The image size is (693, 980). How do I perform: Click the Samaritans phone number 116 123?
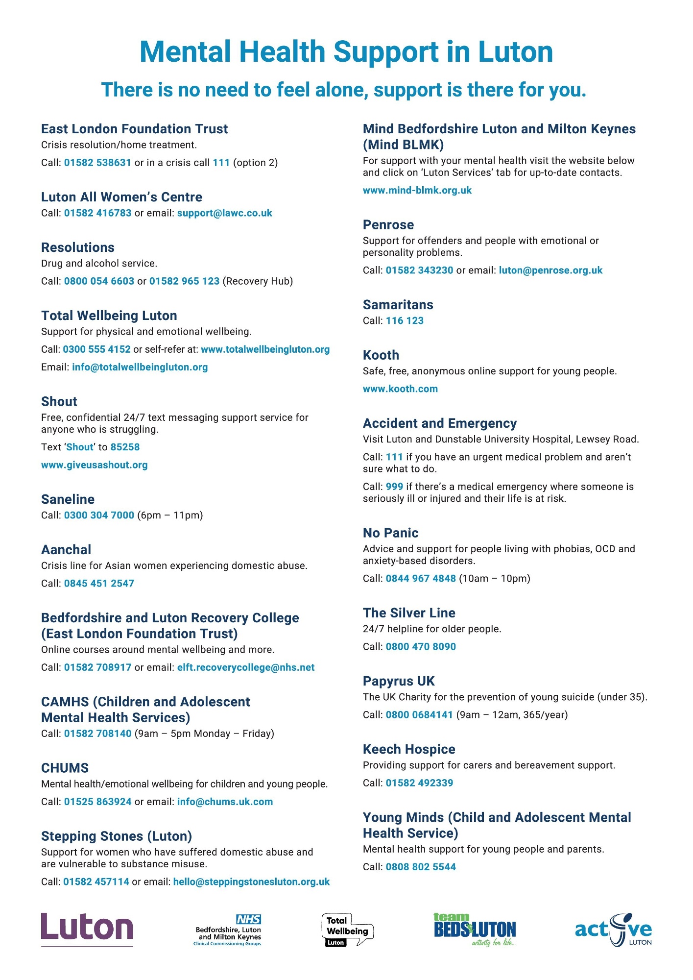coord(405,321)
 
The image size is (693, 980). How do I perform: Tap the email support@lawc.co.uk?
coord(224,213)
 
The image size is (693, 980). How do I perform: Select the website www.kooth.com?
coord(400,389)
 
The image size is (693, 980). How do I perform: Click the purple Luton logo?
coord(87,929)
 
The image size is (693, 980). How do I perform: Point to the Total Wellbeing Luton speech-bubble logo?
coord(347,929)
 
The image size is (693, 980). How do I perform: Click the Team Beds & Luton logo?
coord(475,929)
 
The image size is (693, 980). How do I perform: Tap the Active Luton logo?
coord(613,929)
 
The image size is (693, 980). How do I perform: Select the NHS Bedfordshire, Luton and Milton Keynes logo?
coord(228,930)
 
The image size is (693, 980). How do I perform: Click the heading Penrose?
coord(388,225)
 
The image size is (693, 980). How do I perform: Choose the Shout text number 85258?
coord(125,447)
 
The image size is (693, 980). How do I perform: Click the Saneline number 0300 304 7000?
coord(99,515)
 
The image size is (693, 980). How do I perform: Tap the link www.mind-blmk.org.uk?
coord(417,191)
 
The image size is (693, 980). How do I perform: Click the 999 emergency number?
coord(394,487)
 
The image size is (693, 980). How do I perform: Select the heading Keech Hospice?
coord(409,750)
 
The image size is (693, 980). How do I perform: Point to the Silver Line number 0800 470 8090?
coord(421,647)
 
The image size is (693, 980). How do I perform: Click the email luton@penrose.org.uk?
coord(550,270)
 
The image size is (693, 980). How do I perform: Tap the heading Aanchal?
coord(66,550)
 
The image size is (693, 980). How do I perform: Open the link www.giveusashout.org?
coord(95,465)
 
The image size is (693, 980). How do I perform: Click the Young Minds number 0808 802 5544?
coord(421,867)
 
